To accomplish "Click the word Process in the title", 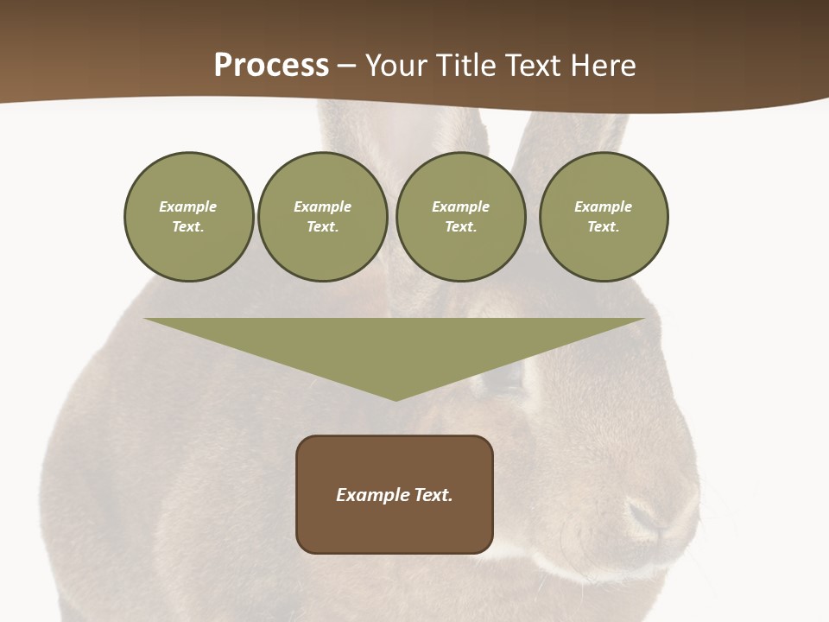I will point(271,66).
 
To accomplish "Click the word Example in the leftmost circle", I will point(188,206).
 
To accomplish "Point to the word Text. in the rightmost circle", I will point(603,227).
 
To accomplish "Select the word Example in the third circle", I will point(460,206).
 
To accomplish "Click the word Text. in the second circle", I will point(322,227).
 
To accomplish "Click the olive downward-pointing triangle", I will point(395,346).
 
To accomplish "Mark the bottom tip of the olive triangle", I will point(396,399).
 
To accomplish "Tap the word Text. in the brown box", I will point(433,495).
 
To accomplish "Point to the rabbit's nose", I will point(648,517).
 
